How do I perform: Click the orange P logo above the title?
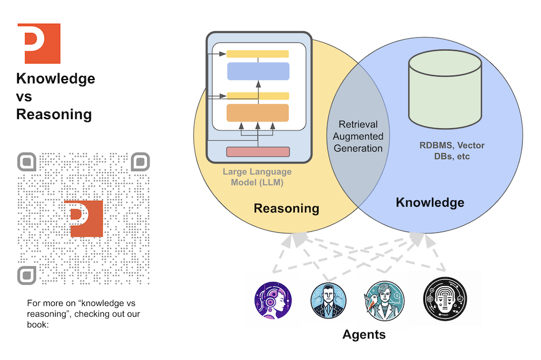(x=38, y=43)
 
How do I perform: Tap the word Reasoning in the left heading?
(x=54, y=115)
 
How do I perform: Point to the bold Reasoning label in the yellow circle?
(x=286, y=208)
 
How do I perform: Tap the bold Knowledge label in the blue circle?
(x=430, y=203)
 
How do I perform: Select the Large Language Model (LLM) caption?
(x=257, y=177)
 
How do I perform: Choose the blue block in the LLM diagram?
(x=258, y=71)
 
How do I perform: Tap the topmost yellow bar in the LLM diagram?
(x=258, y=54)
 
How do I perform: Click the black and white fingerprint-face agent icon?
(x=444, y=298)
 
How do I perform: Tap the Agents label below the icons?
(x=364, y=334)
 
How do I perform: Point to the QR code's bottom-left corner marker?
(x=27, y=275)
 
